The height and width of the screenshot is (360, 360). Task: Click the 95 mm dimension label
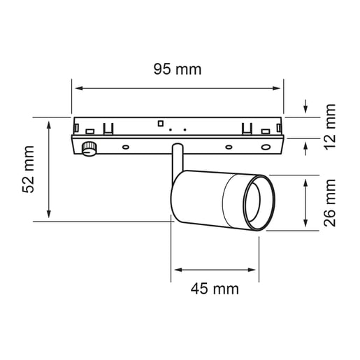[x=178, y=69]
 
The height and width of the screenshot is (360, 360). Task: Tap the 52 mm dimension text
[x=28, y=169]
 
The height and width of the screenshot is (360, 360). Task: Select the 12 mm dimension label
[x=330, y=127]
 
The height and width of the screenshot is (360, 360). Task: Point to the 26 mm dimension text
[x=330, y=203]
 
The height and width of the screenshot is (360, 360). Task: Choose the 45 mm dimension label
[x=215, y=289]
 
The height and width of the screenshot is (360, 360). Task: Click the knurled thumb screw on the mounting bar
[x=89, y=149]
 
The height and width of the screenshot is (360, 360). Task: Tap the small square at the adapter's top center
[x=160, y=123]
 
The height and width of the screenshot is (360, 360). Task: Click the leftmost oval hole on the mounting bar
[x=126, y=147]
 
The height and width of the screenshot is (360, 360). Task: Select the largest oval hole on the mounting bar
[x=266, y=147]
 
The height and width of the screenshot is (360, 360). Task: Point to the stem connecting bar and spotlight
[x=178, y=160]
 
